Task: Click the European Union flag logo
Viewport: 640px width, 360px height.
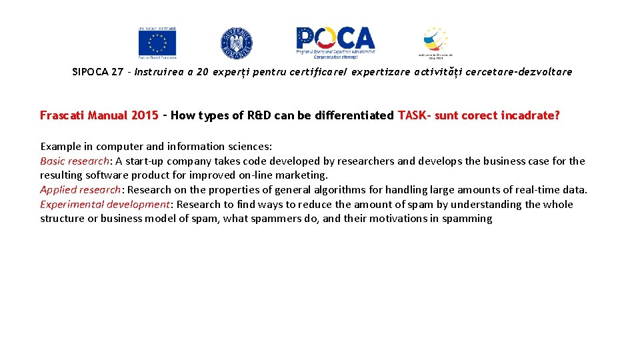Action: (x=157, y=42)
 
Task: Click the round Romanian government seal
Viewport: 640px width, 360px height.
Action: (x=237, y=43)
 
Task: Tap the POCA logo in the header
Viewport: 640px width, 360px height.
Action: (x=336, y=42)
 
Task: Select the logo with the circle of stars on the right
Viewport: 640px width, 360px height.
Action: (x=435, y=42)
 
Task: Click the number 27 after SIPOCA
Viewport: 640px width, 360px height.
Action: (x=117, y=72)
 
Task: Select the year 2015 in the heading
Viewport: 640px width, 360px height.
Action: (x=145, y=115)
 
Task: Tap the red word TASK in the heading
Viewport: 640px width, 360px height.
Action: (x=413, y=115)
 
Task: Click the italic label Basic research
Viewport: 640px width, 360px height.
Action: (x=75, y=161)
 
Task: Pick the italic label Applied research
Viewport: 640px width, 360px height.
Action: (x=80, y=190)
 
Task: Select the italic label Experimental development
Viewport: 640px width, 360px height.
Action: (x=105, y=205)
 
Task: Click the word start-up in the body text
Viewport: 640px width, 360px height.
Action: (x=144, y=161)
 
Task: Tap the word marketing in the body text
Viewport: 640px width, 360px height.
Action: (x=303, y=175)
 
